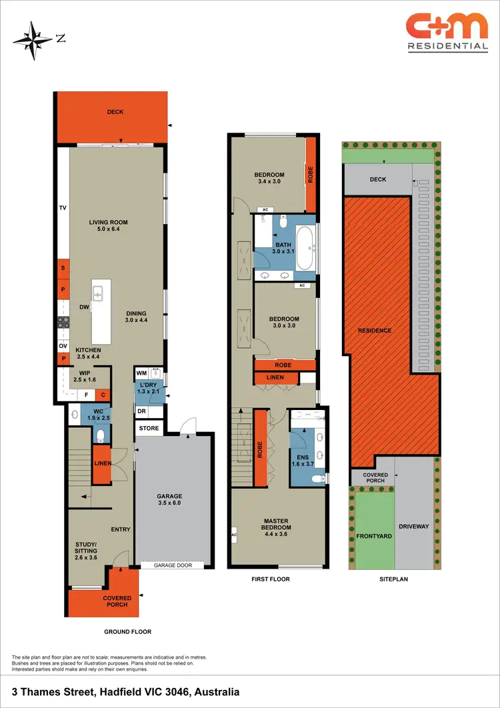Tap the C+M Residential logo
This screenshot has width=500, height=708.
[x=447, y=31]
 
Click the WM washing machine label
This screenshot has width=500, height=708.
[x=142, y=373]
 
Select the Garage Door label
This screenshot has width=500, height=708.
[x=173, y=565]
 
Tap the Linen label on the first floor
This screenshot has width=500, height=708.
[x=275, y=378]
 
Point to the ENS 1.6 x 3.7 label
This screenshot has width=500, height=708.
[x=301, y=460]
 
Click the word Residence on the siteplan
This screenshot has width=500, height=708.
[x=375, y=331]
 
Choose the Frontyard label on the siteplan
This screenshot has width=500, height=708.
[x=373, y=535]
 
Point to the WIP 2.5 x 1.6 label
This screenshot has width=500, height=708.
[x=84, y=376]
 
